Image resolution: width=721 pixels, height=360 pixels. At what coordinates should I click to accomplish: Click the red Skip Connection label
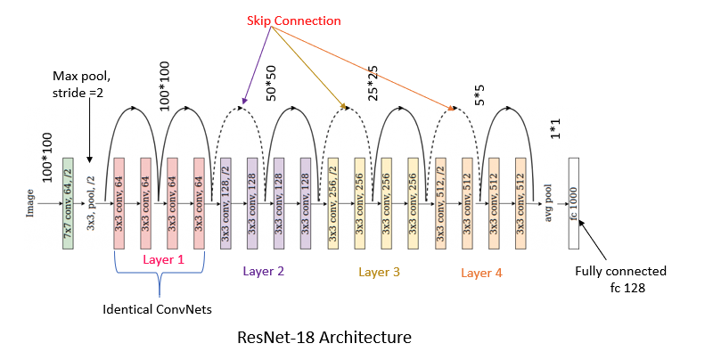click(294, 20)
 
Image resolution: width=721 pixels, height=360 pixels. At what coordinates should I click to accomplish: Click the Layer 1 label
click(163, 259)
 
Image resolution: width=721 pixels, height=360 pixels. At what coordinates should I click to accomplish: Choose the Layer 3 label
click(379, 272)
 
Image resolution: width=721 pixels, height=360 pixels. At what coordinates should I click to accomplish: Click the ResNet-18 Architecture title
click(324, 338)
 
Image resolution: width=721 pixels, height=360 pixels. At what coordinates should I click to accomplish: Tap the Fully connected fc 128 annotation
click(620, 279)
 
